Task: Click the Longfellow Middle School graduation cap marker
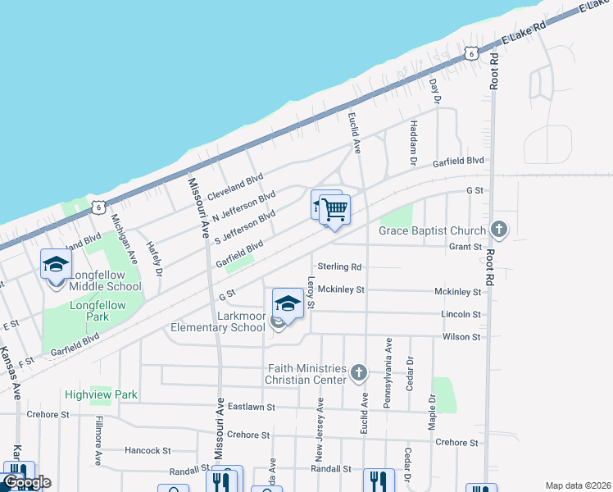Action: [x=56, y=265]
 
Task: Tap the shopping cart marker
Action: [x=334, y=210]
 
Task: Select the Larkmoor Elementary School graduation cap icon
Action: [x=288, y=303]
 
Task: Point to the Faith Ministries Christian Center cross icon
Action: [x=358, y=373]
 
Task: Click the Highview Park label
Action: [x=102, y=394]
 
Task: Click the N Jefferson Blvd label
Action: [x=243, y=207]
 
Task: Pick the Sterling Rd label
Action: [x=339, y=267]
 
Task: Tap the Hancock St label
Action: [x=148, y=450]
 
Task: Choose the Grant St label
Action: [x=465, y=246]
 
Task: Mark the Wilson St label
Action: [x=461, y=337]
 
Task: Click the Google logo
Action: [x=27, y=482]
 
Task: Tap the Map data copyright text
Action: [x=577, y=485]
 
